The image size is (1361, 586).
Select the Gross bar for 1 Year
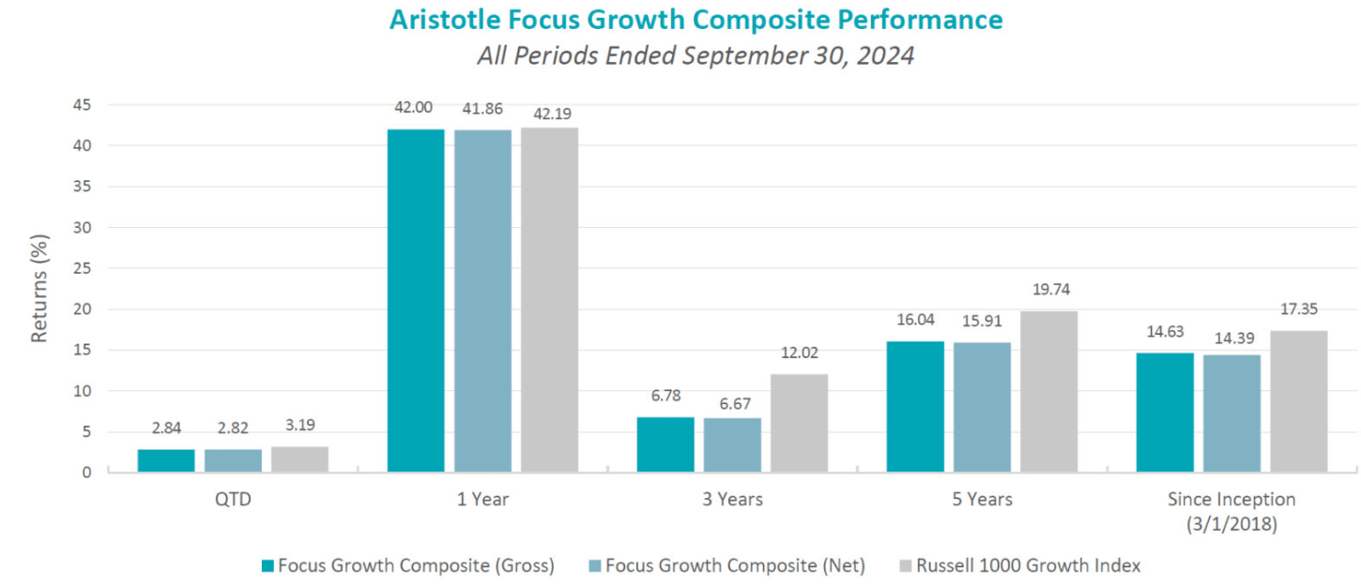click(x=416, y=300)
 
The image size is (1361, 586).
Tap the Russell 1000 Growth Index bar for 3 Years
click(x=799, y=423)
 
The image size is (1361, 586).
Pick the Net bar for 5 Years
click(x=982, y=407)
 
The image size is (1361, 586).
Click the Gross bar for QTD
click(x=166, y=460)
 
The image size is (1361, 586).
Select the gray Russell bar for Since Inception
click(x=1298, y=401)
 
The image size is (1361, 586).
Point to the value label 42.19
click(x=549, y=109)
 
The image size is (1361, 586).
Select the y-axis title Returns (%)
click(x=38, y=289)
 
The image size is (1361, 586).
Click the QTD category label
click(x=233, y=499)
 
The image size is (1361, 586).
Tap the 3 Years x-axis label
click(x=732, y=499)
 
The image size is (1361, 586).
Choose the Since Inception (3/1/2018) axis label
click(x=1231, y=511)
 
